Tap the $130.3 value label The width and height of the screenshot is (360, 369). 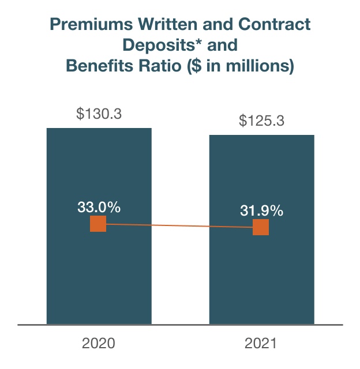[x=99, y=114]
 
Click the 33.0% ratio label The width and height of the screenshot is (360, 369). [x=99, y=206]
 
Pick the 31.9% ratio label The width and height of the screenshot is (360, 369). [x=261, y=210]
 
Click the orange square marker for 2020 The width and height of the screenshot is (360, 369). [x=99, y=224]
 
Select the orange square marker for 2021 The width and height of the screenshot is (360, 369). [x=261, y=227]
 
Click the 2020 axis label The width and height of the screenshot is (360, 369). [x=99, y=344]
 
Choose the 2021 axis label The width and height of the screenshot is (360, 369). [x=261, y=344]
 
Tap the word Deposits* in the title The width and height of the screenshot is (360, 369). [x=153, y=46]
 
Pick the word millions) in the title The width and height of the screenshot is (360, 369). [x=261, y=66]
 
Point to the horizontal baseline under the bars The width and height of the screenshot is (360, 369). [x=180, y=325]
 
